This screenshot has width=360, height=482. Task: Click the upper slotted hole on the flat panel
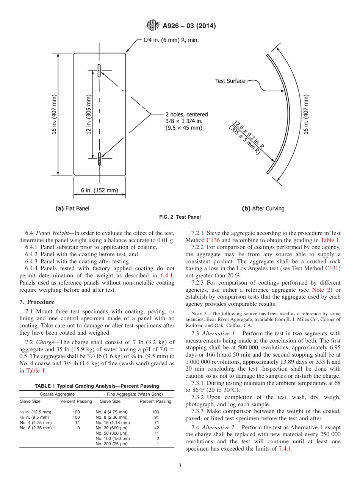tap(99, 71)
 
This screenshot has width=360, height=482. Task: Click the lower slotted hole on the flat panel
tap(99, 159)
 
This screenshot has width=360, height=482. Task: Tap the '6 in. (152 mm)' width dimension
tap(99, 190)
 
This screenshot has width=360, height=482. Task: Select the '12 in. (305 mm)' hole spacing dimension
tap(89, 114)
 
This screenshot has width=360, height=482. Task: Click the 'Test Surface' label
tap(230, 81)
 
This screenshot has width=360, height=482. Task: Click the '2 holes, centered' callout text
tap(186, 114)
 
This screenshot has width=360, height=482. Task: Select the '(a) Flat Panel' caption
tap(72, 208)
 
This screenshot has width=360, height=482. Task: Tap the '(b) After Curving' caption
tap(263, 208)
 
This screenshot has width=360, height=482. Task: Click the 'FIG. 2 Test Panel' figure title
tap(180, 217)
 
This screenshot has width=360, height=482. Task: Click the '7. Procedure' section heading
tap(37, 302)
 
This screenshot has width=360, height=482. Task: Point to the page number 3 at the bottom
tap(180, 466)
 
